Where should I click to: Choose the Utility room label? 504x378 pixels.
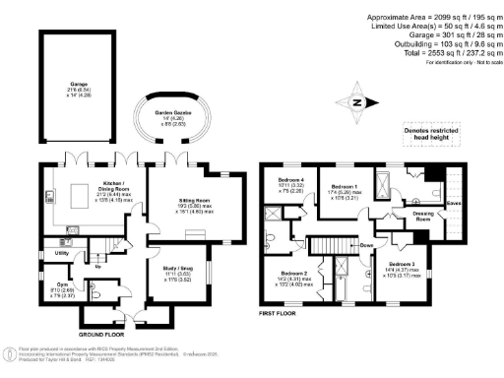pos(61,253)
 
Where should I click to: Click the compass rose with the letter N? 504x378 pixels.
pos(359,103)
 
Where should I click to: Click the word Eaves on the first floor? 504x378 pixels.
pos(455,204)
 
